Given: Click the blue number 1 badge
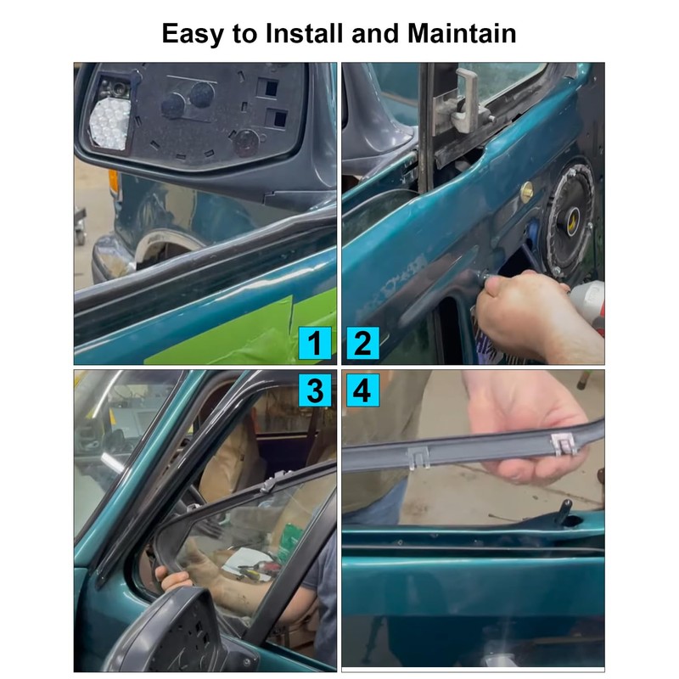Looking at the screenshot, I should [x=315, y=344].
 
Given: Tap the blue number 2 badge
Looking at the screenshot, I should [x=362, y=344].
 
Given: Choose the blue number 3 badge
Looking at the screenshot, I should [x=315, y=390].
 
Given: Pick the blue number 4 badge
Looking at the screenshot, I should [x=362, y=390].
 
